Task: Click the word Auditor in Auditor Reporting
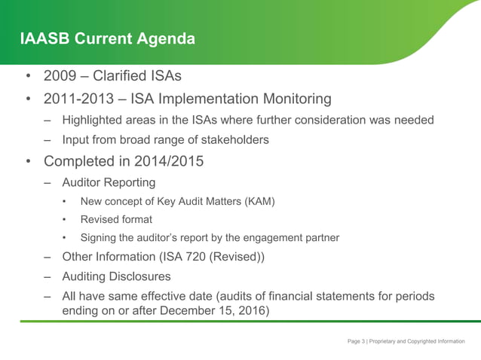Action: click(84, 182)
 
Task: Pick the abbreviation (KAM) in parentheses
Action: click(259, 201)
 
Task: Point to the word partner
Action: click(320, 238)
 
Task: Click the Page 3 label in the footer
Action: click(356, 342)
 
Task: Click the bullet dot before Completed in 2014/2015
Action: click(28, 162)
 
